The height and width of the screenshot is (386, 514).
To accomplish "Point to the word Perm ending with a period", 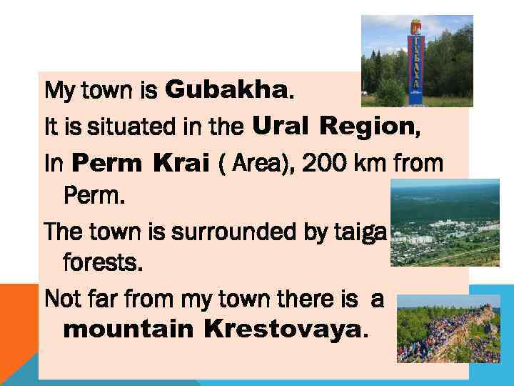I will pyautogui.click(x=94, y=194).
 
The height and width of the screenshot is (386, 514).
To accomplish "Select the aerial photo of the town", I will pyautogui.click(x=445, y=222).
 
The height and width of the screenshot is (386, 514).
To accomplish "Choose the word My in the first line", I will pyautogui.click(x=56, y=91).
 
